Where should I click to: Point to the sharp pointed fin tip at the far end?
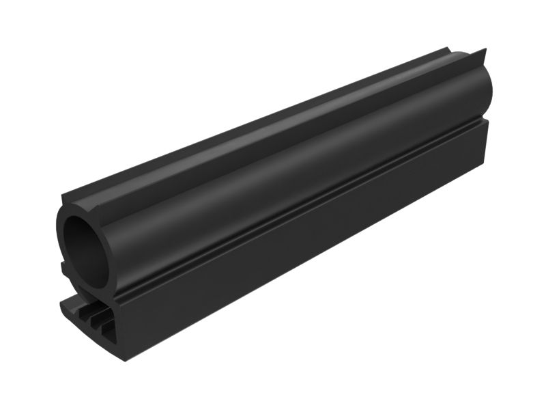pyautogui.click(x=485, y=51)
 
